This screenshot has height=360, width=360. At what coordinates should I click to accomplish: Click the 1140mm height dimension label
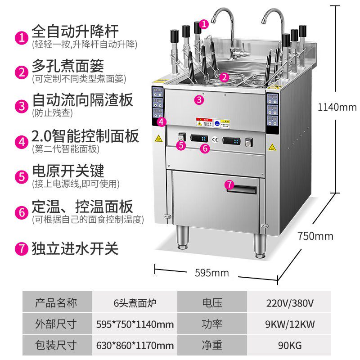(337, 108)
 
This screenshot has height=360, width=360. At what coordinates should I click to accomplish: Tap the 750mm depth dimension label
(315, 236)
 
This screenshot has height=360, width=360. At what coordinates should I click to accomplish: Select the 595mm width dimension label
(211, 273)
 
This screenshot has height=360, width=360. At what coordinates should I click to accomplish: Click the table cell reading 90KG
(289, 345)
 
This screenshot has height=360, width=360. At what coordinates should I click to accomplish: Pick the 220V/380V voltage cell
(289, 303)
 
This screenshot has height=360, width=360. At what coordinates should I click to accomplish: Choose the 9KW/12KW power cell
(289, 324)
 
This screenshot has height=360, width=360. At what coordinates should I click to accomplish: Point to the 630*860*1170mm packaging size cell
(135, 345)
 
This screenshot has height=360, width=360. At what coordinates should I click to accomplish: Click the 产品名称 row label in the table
(56, 303)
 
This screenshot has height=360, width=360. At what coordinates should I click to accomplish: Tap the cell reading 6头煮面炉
(135, 303)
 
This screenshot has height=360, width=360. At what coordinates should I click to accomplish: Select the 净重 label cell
(211, 345)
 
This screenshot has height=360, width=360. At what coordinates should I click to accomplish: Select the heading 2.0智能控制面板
(85, 135)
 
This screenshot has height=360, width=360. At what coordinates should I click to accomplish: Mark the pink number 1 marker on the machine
(203, 24)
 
